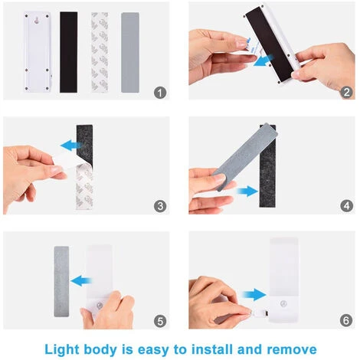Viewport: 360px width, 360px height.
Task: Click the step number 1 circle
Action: point(160,92)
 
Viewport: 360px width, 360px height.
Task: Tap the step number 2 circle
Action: point(347,92)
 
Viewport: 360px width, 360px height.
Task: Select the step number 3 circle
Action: point(160,205)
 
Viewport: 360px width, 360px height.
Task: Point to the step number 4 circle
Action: point(347,205)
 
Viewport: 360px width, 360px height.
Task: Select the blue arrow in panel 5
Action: point(87,278)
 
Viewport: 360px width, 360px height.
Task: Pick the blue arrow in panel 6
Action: point(252,293)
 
